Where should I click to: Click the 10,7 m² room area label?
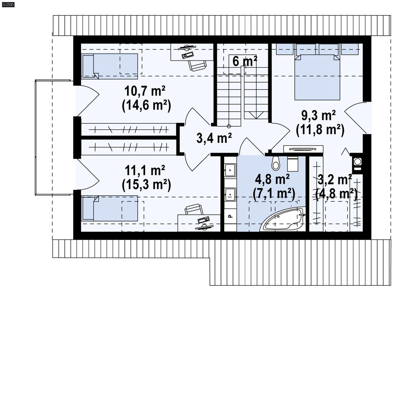[x=145, y=91]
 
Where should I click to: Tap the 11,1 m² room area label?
[x=145, y=170]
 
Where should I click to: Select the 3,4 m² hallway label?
[x=214, y=138]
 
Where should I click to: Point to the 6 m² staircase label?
[x=244, y=61]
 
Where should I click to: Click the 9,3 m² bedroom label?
[x=318, y=116]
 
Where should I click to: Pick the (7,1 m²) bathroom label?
[x=274, y=193]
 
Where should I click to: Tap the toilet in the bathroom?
[x=276, y=163]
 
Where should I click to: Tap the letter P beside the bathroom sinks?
[x=230, y=216]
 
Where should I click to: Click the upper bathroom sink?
[x=230, y=170]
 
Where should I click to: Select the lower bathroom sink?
[x=230, y=194]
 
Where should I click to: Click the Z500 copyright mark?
[x=8, y=4]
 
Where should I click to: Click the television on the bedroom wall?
[x=303, y=149]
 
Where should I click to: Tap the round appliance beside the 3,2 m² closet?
[x=358, y=161]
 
